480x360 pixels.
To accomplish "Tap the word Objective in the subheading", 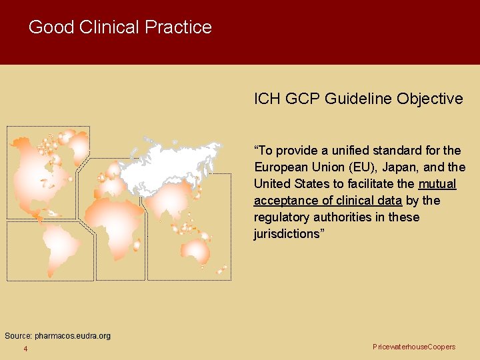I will (x=429, y=99).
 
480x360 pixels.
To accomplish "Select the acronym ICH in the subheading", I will (x=268, y=99).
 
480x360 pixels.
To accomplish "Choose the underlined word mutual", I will (x=437, y=184).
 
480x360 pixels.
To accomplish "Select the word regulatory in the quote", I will (x=283, y=217).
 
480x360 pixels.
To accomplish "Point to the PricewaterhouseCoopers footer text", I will (x=414, y=347).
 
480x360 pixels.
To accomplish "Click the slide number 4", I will (x=25, y=349).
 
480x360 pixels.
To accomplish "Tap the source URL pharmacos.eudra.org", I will (x=73, y=336).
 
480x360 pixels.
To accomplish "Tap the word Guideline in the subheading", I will (x=359, y=99).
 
